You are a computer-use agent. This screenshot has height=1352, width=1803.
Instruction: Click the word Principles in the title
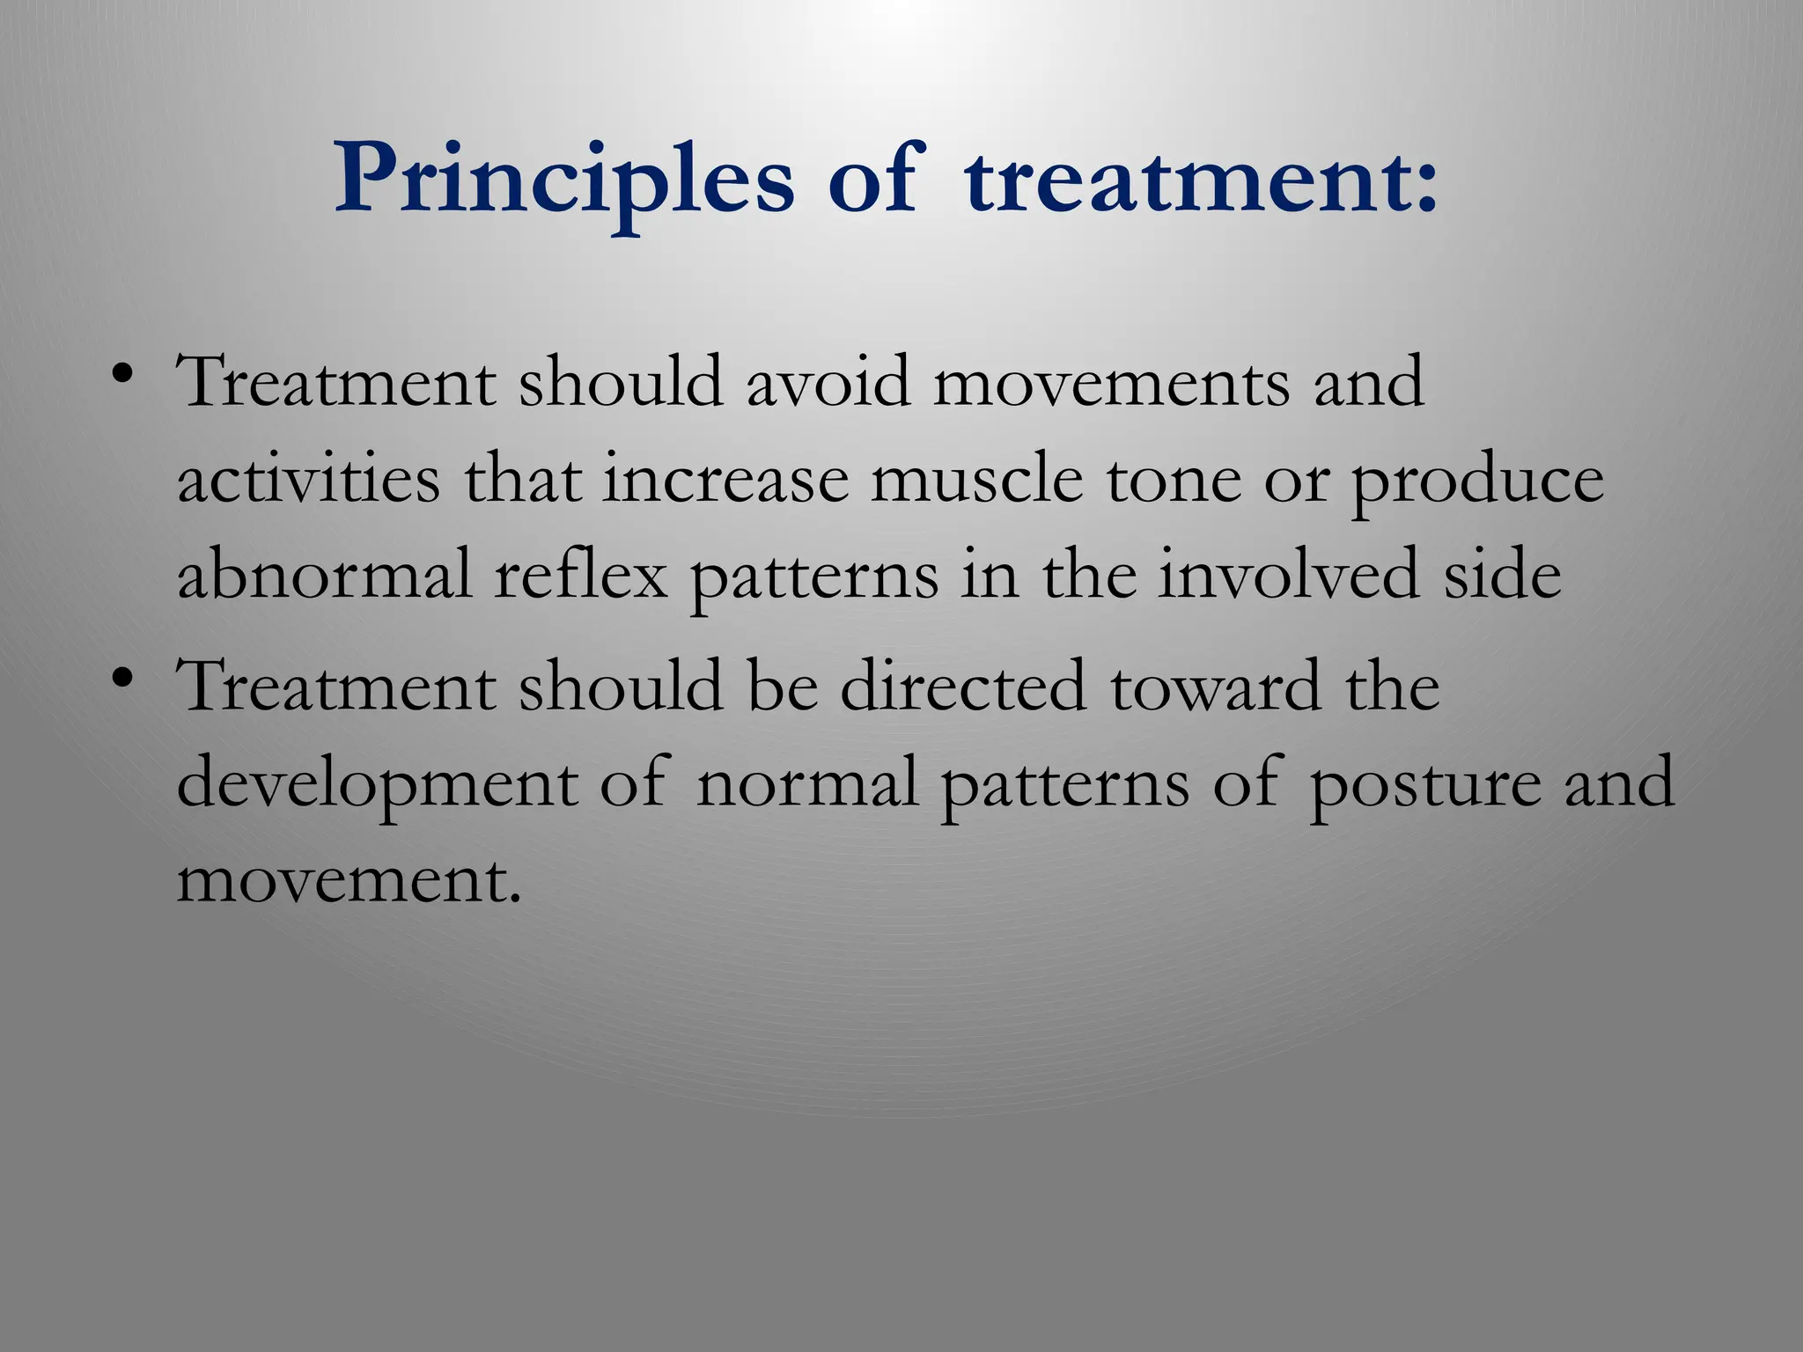point(563,180)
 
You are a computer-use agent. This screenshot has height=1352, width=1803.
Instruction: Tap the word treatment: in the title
point(1201,180)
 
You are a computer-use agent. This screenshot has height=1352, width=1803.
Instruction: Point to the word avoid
point(828,384)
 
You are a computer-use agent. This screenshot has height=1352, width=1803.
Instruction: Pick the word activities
point(308,481)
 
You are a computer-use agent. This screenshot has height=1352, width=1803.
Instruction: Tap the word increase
point(725,481)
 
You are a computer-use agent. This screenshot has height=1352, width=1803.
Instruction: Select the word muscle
point(976,481)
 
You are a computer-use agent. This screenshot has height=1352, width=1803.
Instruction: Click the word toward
point(1215,687)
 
